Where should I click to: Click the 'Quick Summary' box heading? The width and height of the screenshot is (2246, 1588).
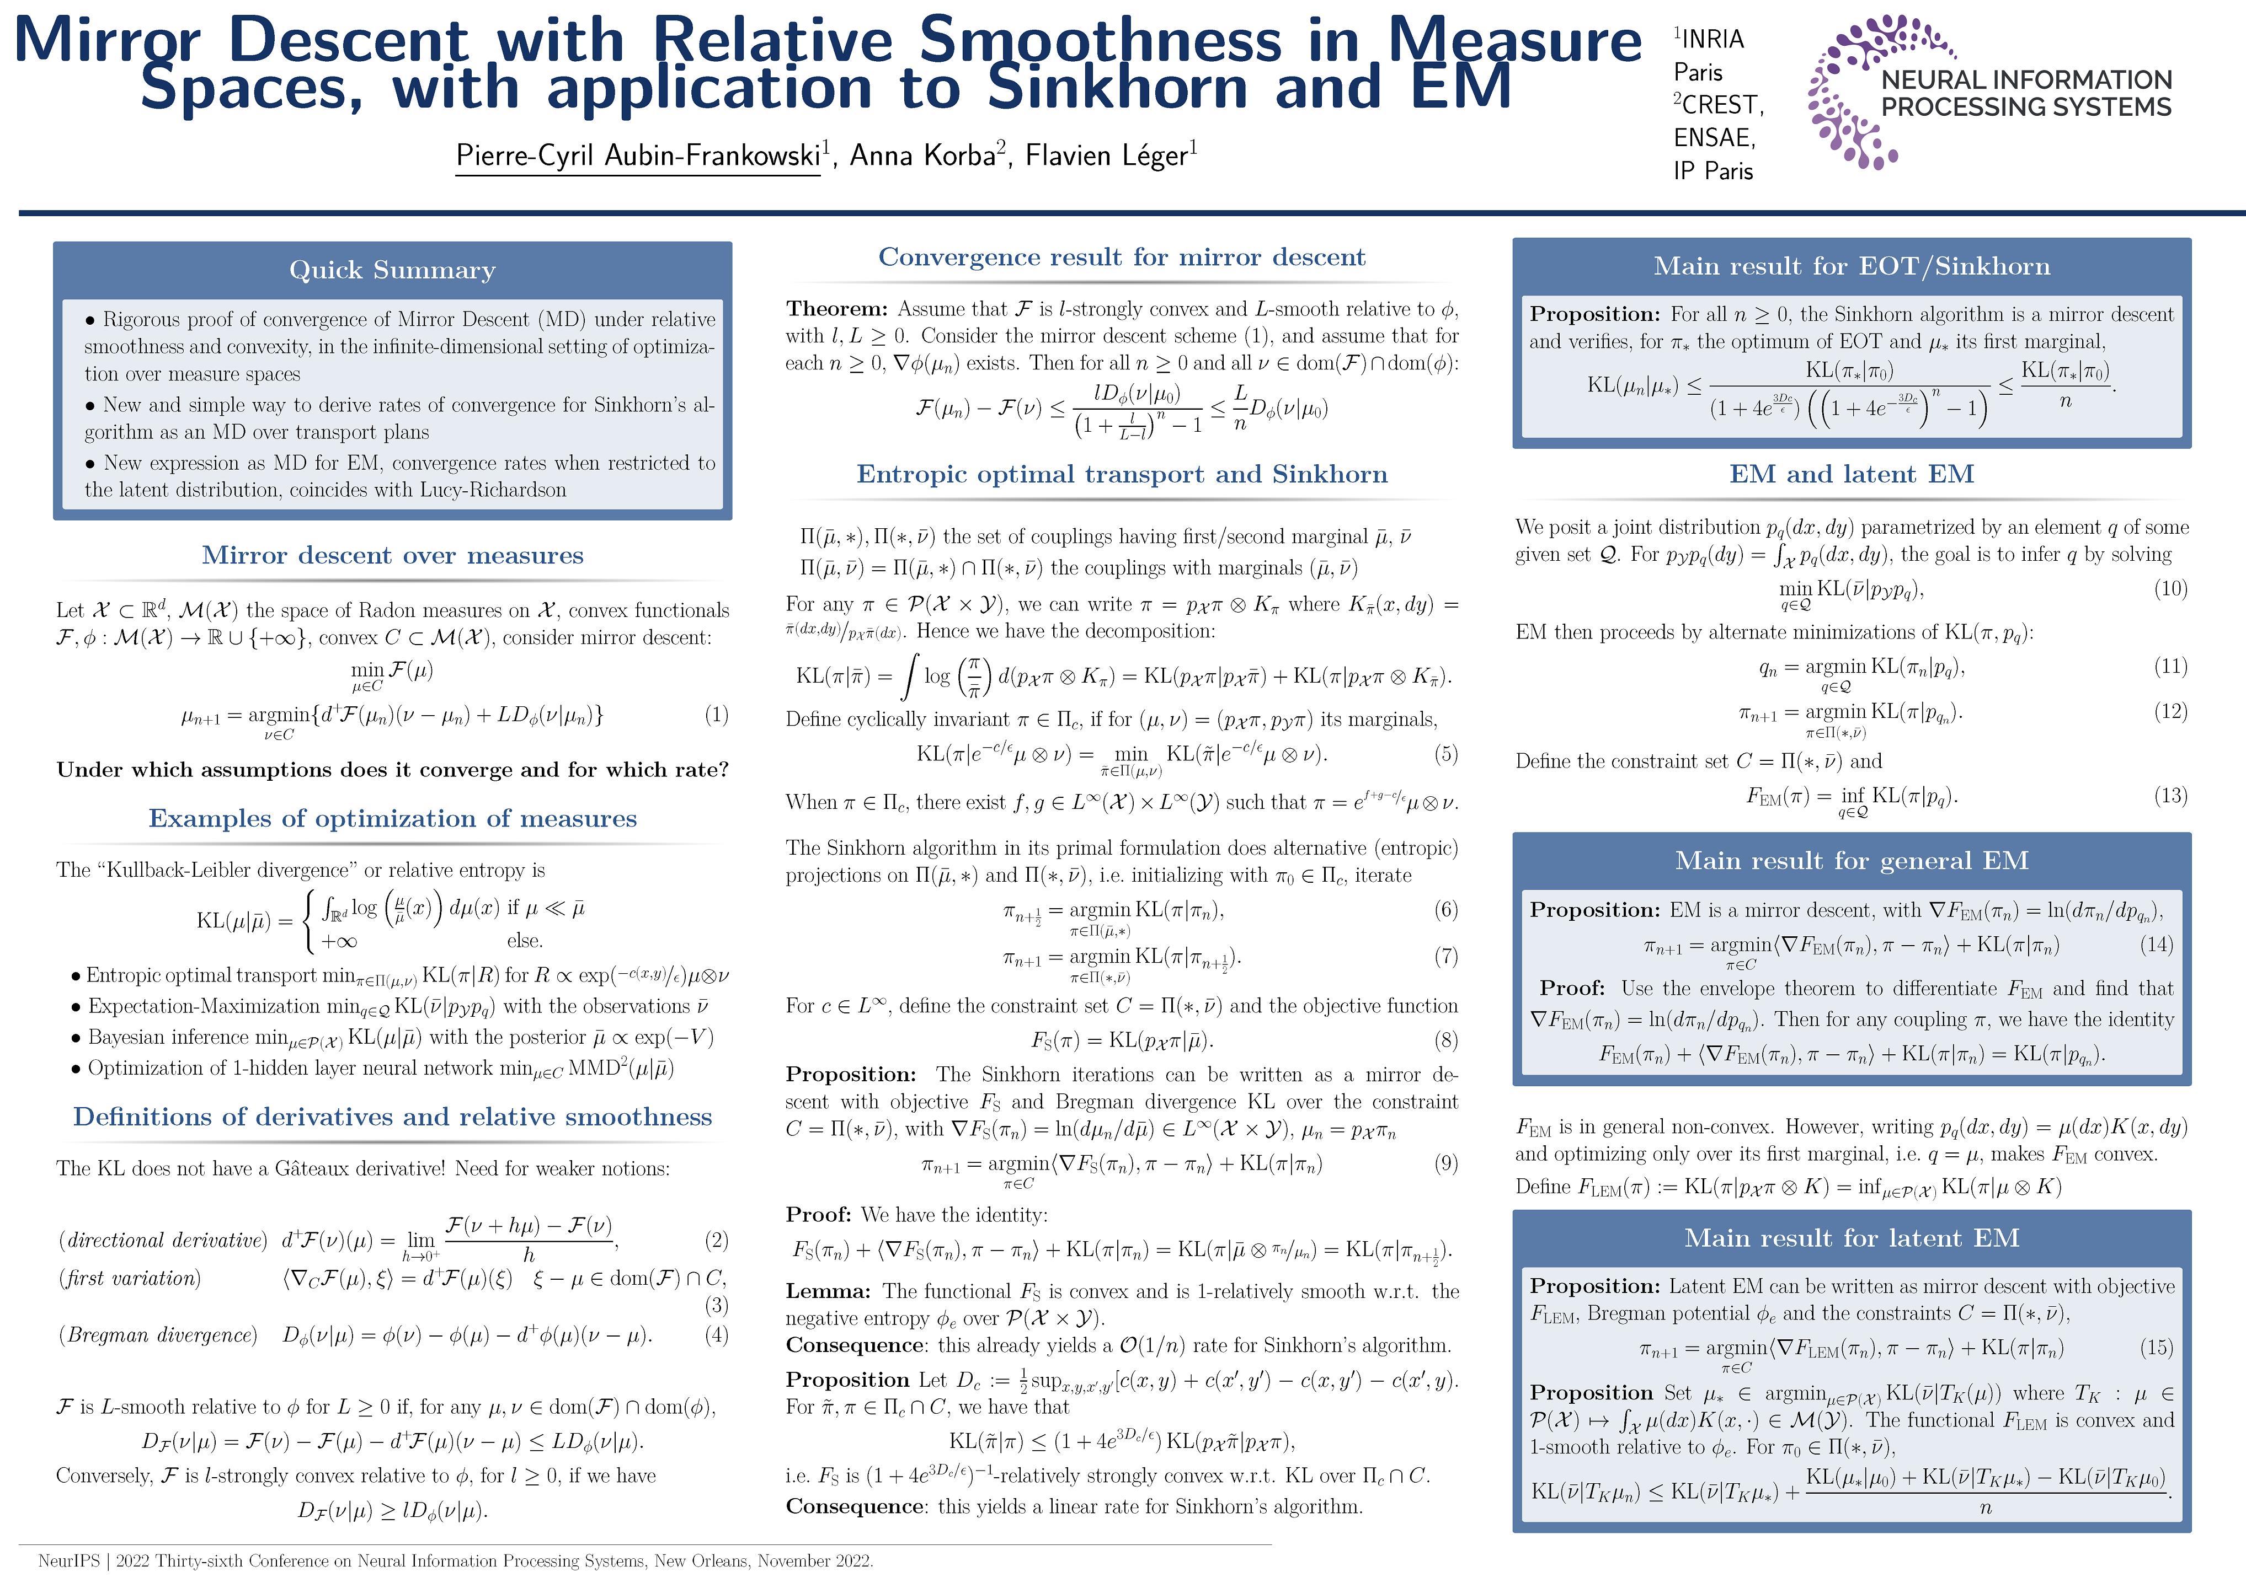tap(392, 270)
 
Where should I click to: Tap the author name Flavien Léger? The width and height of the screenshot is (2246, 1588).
tap(1106, 155)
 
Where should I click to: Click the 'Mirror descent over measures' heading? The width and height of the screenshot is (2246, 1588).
tap(392, 555)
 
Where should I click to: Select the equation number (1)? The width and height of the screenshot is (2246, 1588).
tap(716, 715)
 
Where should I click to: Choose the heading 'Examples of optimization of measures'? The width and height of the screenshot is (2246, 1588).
tap(392, 818)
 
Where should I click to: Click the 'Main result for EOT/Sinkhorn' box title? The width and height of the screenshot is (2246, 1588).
tap(1851, 266)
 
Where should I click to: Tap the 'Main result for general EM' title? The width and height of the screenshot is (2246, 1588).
tap(1851, 861)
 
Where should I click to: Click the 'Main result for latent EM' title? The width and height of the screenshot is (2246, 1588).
tap(1851, 1238)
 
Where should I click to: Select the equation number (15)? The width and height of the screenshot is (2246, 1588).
tap(2156, 1348)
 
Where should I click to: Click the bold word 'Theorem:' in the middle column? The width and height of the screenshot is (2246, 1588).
tap(836, 309)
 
